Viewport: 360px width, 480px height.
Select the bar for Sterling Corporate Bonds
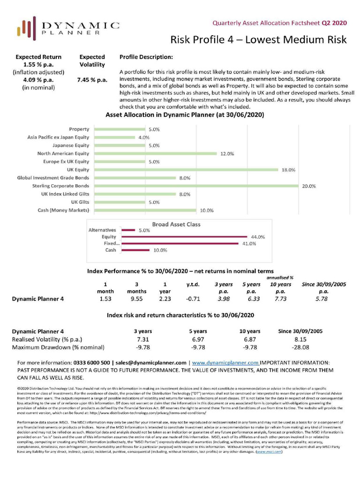coord(196,186)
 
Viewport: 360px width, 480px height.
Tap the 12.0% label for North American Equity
coord(227,154)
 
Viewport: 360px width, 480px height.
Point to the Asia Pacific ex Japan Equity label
coord(58,137)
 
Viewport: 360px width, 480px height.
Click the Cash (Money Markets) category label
coord(63,210)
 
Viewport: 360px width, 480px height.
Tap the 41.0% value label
coord(249,244)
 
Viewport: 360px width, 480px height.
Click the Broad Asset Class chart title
coord(176,225)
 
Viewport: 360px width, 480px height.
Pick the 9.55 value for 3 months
coord(135,298)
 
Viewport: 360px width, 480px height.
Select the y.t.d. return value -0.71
coord(193,298)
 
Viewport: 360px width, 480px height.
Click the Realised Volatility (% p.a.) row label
coord(48,339)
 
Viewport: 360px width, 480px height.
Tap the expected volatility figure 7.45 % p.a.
coord(92,80)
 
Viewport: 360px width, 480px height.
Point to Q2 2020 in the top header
coord(334,22)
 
